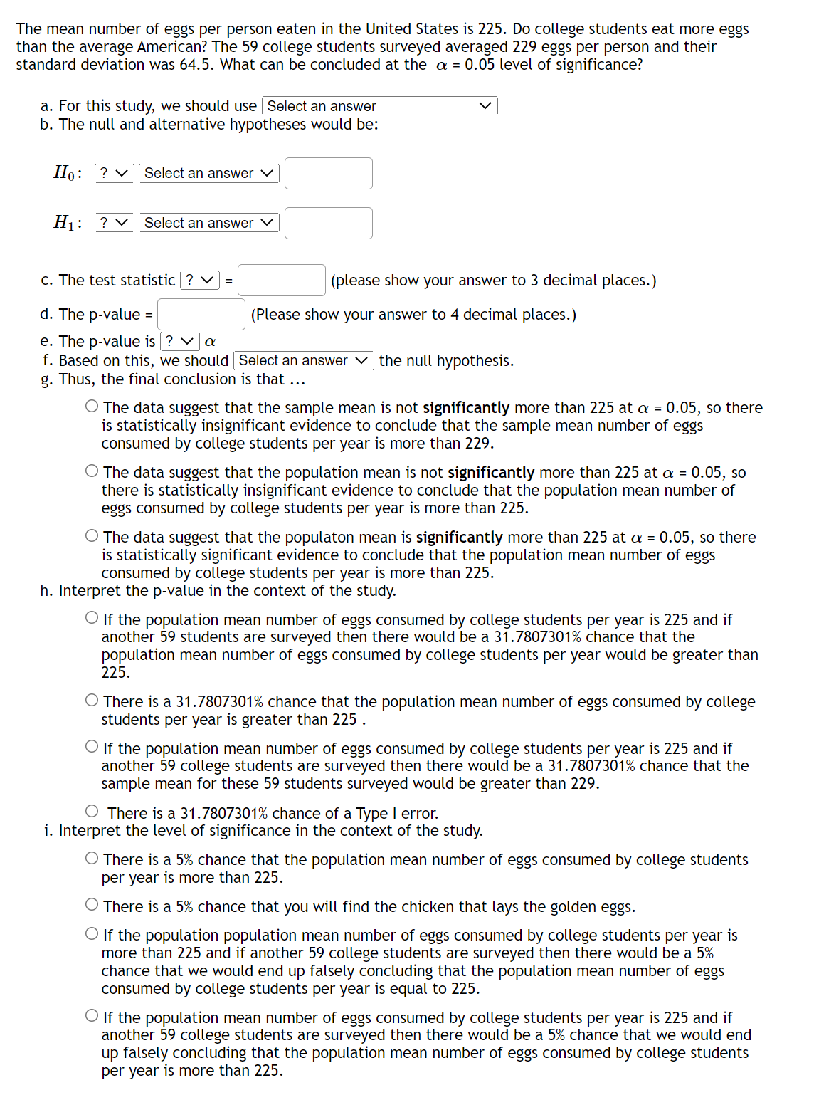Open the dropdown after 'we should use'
pyautogui.click(x=379, y=106)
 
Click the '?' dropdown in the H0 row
pyautogui.click(x=114, y=173)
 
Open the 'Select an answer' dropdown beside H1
pyautogui.click(x=208, y=223)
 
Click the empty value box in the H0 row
pyautogui.click(x=328, y=174)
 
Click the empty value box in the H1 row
pyautogui.click(x=328, y=224)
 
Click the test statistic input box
pyautogui.click(x=281, y=281)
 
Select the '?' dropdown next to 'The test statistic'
pyautogui.click(x=199, y=281)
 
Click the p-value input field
pyautogui.click(x=201, y=315)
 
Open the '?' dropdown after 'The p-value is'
pyautogui.click(x=179, y=342)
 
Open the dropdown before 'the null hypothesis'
pyautogui.click(x=303, y=361)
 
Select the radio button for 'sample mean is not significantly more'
pyautogui.click(x=92, y=407)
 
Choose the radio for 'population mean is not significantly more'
pyautogui.click(x=92, y=471)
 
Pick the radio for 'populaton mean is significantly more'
pyautogui.click(x=92, y=536)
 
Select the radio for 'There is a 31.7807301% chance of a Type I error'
pyautogui.click(x=92, y=812)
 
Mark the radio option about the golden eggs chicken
pyautogui.click(x=92, y=905)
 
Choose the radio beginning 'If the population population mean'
pyautogui.click(x=92, y=934)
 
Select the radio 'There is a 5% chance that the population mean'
pyautogui.click(x=92, y=859)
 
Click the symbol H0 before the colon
pyautogui.click(x=64, y=173)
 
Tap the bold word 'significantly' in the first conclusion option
pyautogui.click(x=465, y=408)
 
